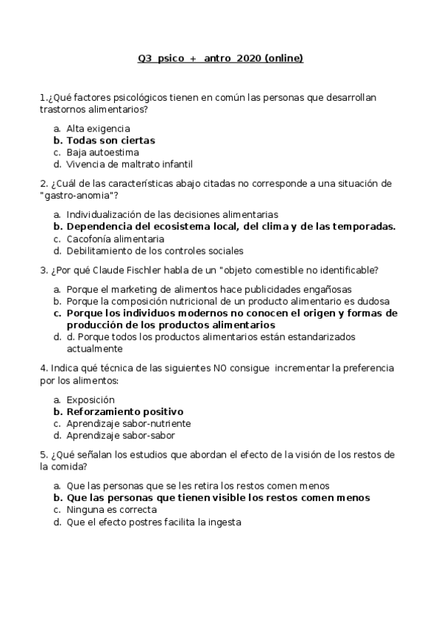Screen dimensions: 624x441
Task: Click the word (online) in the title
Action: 283,59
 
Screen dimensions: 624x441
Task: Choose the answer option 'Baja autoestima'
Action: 102,152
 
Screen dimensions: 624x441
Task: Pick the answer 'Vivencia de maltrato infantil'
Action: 129,164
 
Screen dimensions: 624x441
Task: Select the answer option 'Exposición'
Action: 91,400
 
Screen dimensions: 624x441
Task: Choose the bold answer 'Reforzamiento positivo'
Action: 124,411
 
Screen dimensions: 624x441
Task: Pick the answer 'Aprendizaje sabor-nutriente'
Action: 128,423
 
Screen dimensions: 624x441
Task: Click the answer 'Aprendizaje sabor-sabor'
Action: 120,435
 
